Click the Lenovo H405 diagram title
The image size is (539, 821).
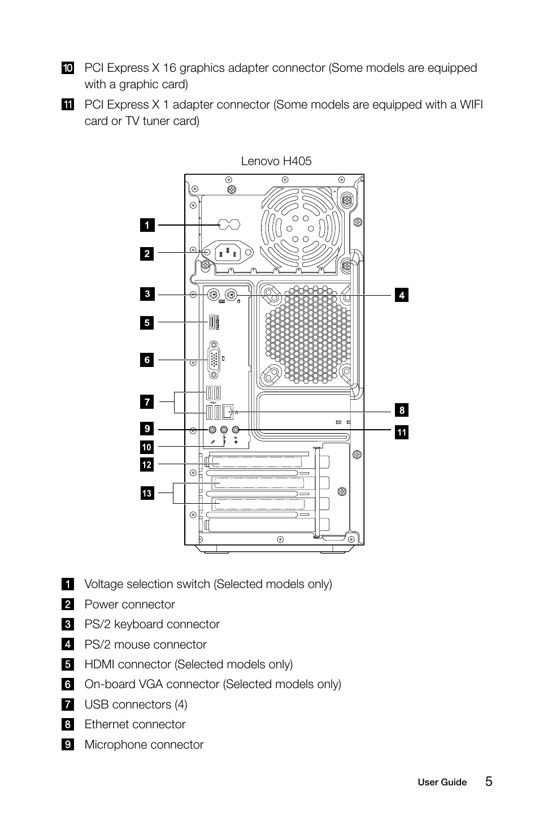pyautogui.click(x=276, y=161)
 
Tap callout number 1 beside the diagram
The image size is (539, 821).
pyautogui.click(x=147, y=225)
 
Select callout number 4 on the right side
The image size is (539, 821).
pyautogui.click(x=402, y=295)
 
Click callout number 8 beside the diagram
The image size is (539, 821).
pyautogui.click(x=402, y=410)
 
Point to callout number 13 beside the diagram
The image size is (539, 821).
pyautogui.click(x=147, y=493)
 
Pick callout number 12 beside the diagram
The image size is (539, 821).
pyautogui.click(x=147, y=464)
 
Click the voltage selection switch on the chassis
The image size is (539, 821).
pyautogui.click(x=229, y=224)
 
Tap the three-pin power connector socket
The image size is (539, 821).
pyautogui.click(x=227, y=252)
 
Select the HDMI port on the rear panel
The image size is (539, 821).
pyautogui.click(x=212, y=322)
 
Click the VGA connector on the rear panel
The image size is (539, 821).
pyautogui.click(x=214, y=360)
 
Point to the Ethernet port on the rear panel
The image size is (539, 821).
pyautogui.click(x=228, y=412)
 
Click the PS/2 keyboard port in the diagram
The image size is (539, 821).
pyautogui.click(x=213, y=295)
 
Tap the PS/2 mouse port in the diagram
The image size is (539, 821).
pyautogui.click(x=231, y=295)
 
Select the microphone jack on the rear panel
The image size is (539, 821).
pyautogui.click(x=212, y=429)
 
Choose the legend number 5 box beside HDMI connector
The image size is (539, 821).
pyautogui.click(x=68, y=664)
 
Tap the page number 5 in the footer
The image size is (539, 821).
pyautogui.click(x=489, y=781)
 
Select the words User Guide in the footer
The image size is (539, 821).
pyautogui.click(x=442, y=782)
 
